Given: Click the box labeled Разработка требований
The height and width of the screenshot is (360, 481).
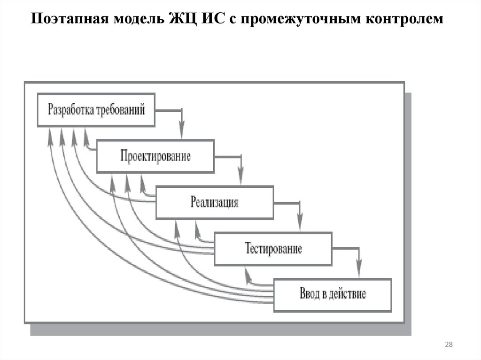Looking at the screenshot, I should pos(96,110).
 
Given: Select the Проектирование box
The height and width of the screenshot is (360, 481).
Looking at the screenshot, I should pos(155,156).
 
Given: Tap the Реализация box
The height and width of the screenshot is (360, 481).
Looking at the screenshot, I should pos(214,202).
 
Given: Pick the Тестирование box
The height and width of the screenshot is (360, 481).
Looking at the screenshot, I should pos(273,248).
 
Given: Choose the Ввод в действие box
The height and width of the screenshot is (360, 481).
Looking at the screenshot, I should pos(332,295).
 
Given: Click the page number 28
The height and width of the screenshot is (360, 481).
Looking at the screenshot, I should pos(448,345).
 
